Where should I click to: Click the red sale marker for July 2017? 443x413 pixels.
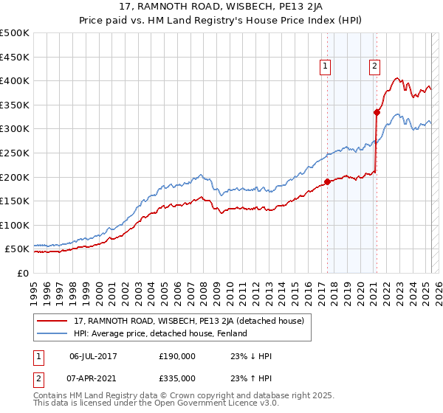point(328,181)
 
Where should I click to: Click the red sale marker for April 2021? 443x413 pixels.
point(377,112)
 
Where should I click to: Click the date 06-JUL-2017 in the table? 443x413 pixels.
point(93,356)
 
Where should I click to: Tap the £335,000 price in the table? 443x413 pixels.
point(177,378)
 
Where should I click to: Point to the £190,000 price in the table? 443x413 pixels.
point(177,356)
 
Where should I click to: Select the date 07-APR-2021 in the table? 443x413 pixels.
point(93,378)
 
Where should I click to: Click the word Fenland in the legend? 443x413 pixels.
point(232,334)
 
